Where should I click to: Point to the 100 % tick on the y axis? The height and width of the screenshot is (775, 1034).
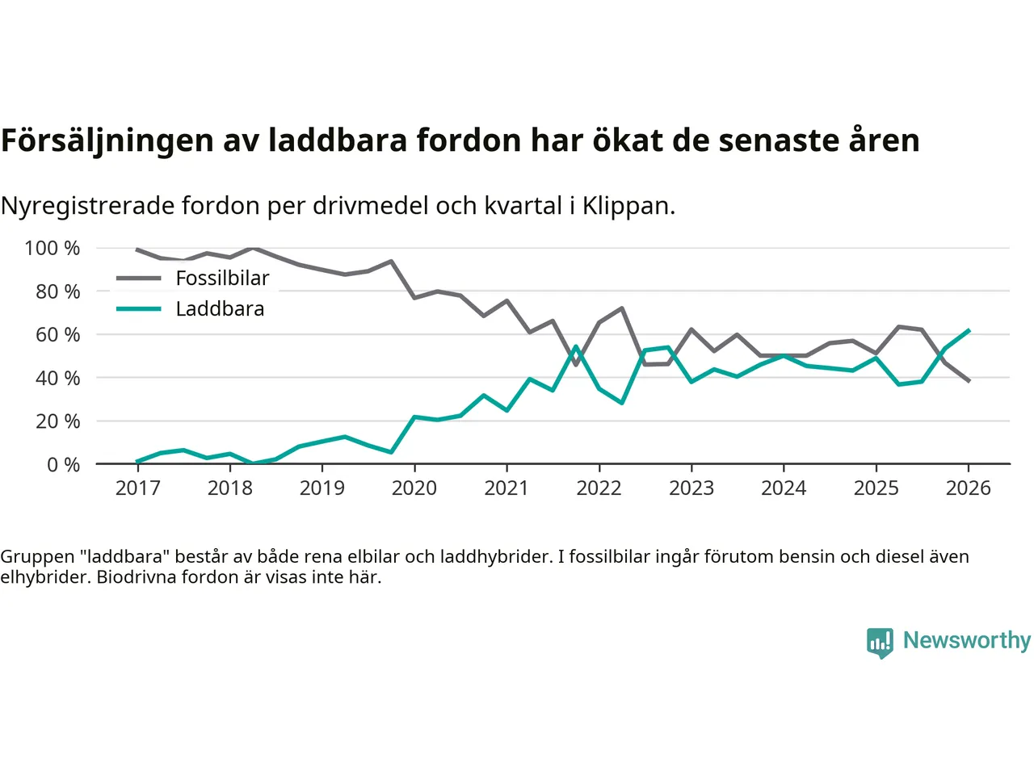[53, 248]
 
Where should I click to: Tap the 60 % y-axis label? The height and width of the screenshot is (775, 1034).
[57, 334]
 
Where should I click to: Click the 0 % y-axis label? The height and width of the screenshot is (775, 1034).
[63, 464]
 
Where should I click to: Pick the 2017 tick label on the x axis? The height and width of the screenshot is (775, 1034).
[137, 488]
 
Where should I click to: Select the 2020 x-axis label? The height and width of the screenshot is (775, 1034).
[414, 488]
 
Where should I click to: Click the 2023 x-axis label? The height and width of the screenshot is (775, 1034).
[691, 488]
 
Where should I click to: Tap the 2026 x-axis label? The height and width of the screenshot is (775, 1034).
[968, 488]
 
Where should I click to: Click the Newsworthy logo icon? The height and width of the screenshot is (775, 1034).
[880, 643]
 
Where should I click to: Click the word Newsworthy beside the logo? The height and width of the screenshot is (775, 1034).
[966, 640]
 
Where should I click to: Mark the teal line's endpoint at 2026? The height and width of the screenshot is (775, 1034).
[969, 330]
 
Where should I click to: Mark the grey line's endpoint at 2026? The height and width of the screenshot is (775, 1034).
[969, 381]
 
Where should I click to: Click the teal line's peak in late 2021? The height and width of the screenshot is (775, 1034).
[576, 347]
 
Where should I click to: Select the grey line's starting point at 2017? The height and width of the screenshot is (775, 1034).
[137, 249]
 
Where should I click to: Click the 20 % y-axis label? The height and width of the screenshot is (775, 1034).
[57, 421]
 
